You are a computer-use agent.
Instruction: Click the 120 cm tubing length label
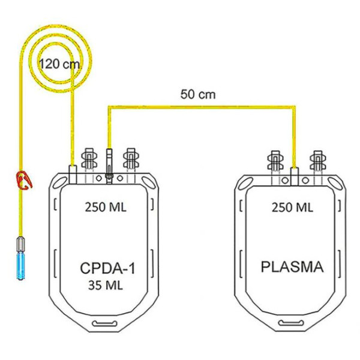[x=59, y=64]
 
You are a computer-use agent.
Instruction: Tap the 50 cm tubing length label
[x=198, y=95]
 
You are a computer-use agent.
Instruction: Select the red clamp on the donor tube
[x=23, y=180]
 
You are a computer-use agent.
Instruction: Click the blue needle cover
[x=20, y=265]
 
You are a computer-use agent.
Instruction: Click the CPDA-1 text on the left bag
[x=107, y=268]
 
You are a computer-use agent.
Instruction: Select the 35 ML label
[x=106, y=286]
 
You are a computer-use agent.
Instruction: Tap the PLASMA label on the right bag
[x=292, y=267]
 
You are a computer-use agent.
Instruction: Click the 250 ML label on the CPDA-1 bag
[x=106, y=207]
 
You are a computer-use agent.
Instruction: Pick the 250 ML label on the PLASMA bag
[x=292, y=208]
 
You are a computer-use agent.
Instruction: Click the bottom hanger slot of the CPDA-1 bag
[x=104, y=324]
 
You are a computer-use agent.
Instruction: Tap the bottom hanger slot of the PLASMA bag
[x=291, y=323]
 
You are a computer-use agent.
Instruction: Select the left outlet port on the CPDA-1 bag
[x=89, y=158]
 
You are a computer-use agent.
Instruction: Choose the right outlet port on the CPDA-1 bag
[x=131, y=158]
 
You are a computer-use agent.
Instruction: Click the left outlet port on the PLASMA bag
[x=275, y=161]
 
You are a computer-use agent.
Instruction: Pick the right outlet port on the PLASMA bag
[x=318, y=161]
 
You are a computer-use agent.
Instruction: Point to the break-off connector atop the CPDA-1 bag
[x=109, y=166]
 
